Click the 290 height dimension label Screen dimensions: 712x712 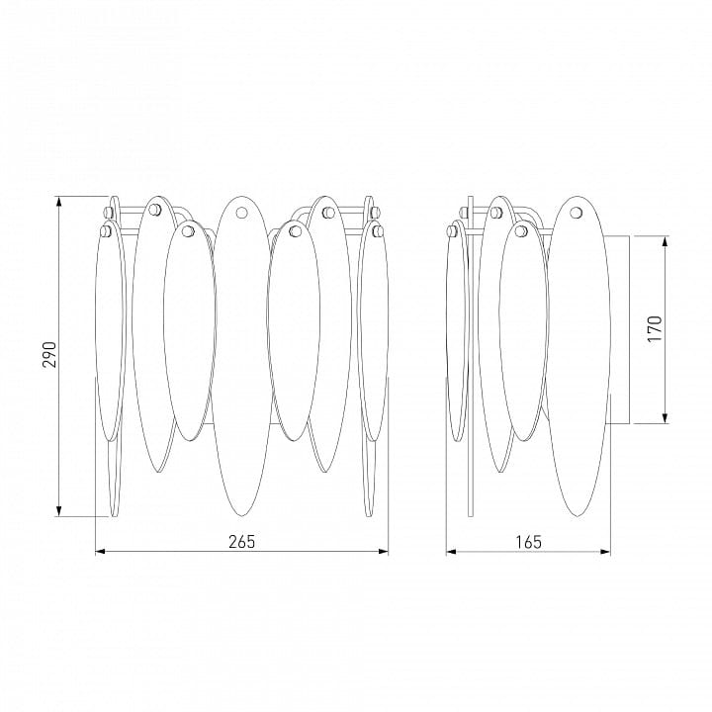49,354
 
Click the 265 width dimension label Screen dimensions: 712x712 241,542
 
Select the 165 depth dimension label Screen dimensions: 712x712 529,542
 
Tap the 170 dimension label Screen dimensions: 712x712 656,328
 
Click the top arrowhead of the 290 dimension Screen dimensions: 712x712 58,201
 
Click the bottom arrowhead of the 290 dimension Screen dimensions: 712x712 58,512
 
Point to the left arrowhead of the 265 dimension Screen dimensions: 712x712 100,552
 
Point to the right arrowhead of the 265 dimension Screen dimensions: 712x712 384,552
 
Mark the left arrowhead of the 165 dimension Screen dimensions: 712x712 451,552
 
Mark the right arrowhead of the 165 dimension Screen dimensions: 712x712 605,552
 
